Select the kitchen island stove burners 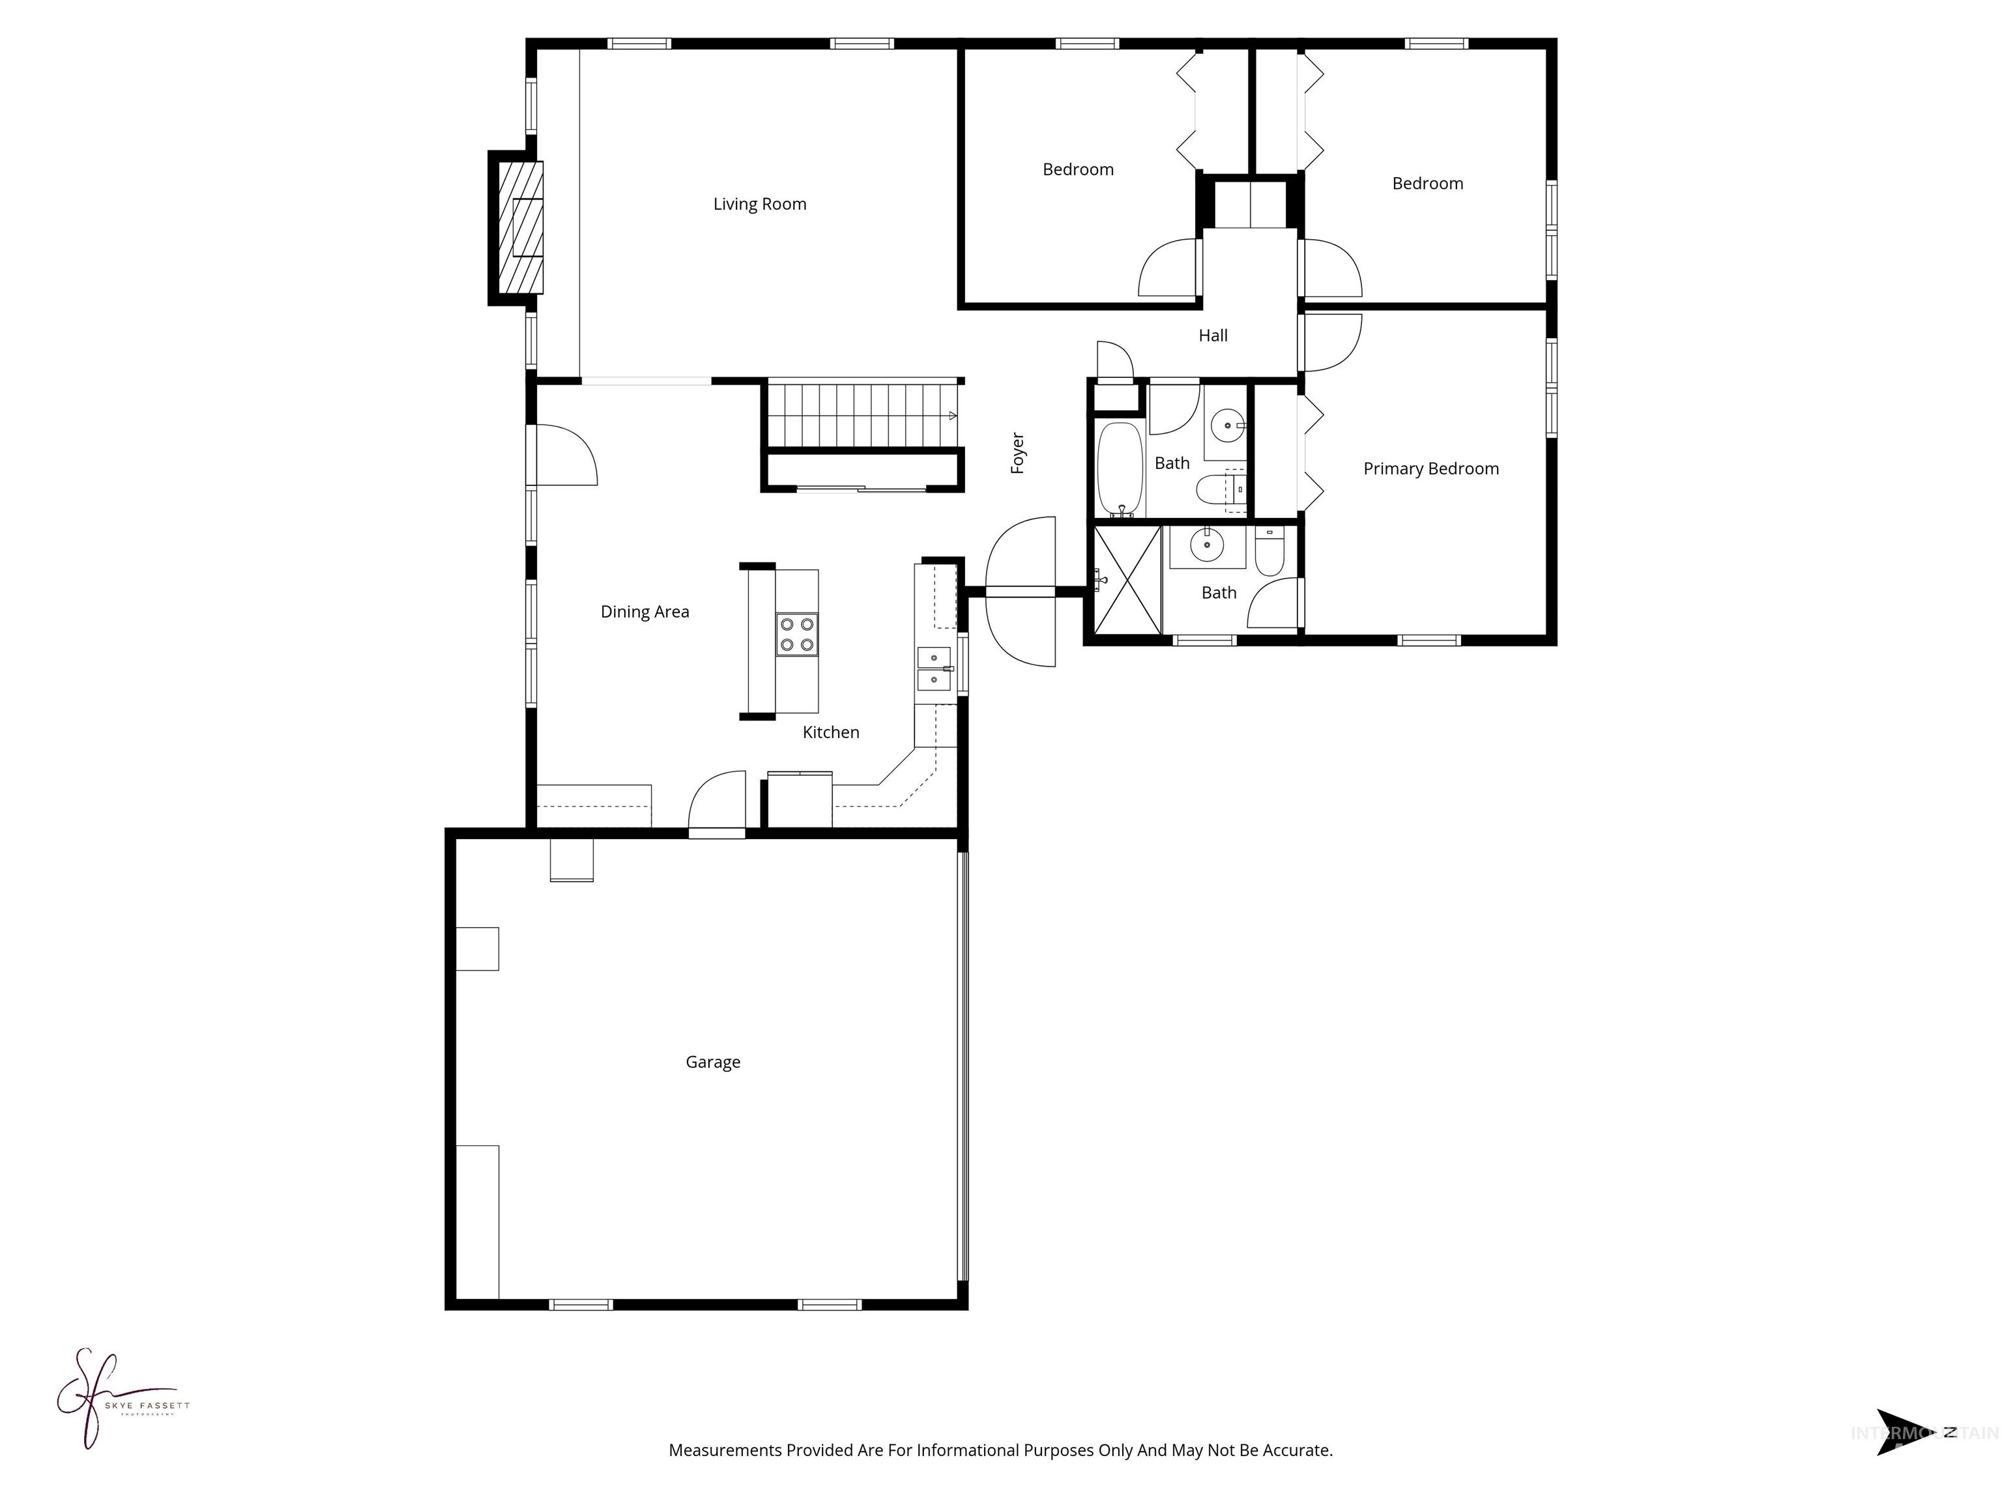tap(796, 635)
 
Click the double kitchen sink tap(934, 668)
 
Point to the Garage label tap(712, 1062)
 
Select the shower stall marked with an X tap(1127, 580)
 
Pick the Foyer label tap(1017, 452)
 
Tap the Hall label tap(1213, 336)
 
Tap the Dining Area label tap(645, 612)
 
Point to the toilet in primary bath tap(1269, 553)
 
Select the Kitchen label tap(830, 733)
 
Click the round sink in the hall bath tap(1226, 423)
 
